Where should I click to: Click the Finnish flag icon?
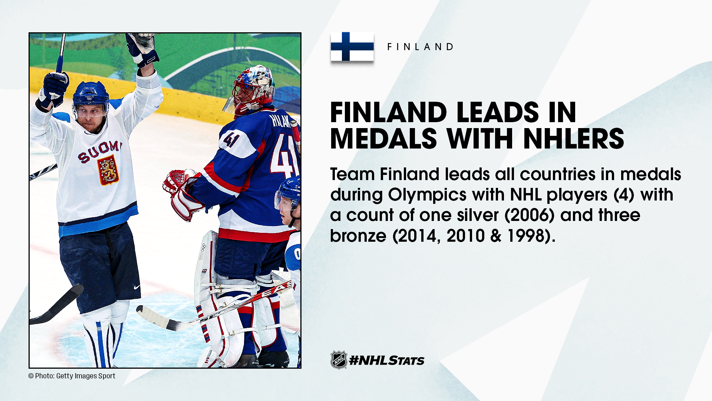coord(352,46)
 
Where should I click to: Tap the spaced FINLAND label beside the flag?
coord(420,47)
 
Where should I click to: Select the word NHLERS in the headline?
coord(574,138)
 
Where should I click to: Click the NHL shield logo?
coord(339,360)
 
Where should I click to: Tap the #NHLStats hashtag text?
coord(387,360)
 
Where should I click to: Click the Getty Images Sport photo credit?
coord(72,376)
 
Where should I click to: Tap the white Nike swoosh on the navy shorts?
coord(137,287)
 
